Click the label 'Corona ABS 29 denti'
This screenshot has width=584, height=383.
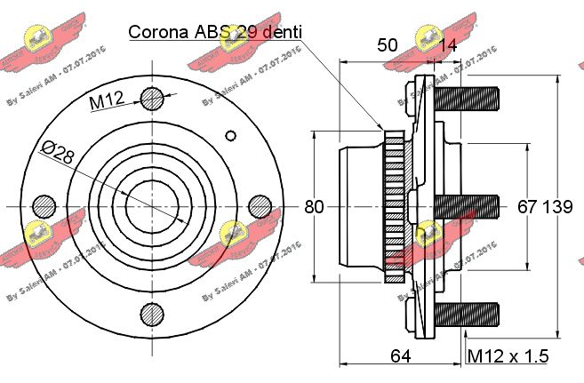click(x=216, y=32)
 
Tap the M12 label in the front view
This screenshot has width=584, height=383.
click(x=105, y=103)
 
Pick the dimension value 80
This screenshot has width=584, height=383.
click(x=313, y=207)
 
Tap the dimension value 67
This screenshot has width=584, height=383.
click(x=526, y=207)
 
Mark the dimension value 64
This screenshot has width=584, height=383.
click(x=400, y=356)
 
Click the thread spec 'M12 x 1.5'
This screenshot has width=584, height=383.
click(x=508, y=356)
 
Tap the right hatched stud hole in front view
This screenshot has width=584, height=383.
click(x=260, y=206)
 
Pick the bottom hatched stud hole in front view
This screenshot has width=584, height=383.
click(x=152, y=314)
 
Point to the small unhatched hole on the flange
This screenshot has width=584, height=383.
click(x=231, y=135)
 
